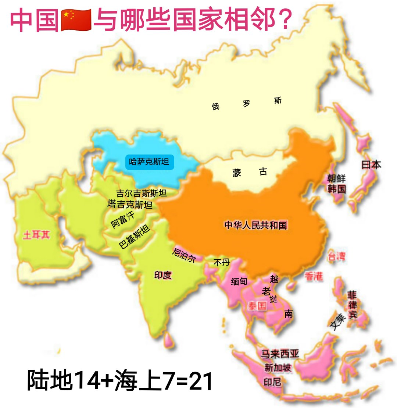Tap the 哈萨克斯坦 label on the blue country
point(149,162)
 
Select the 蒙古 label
point(250,172)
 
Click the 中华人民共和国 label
point(256,225)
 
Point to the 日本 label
point(371,164)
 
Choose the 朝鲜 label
point(336,179)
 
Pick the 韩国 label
point(337,189)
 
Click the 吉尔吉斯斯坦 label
point(142,193)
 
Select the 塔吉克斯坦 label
point(130,204)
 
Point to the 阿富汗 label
point(123,220)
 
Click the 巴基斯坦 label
point(134,237)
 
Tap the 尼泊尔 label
point(184,255)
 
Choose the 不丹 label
point(221,262)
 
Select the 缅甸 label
point(239,282)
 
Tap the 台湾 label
point(337,256)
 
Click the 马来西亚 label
point(280,354)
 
